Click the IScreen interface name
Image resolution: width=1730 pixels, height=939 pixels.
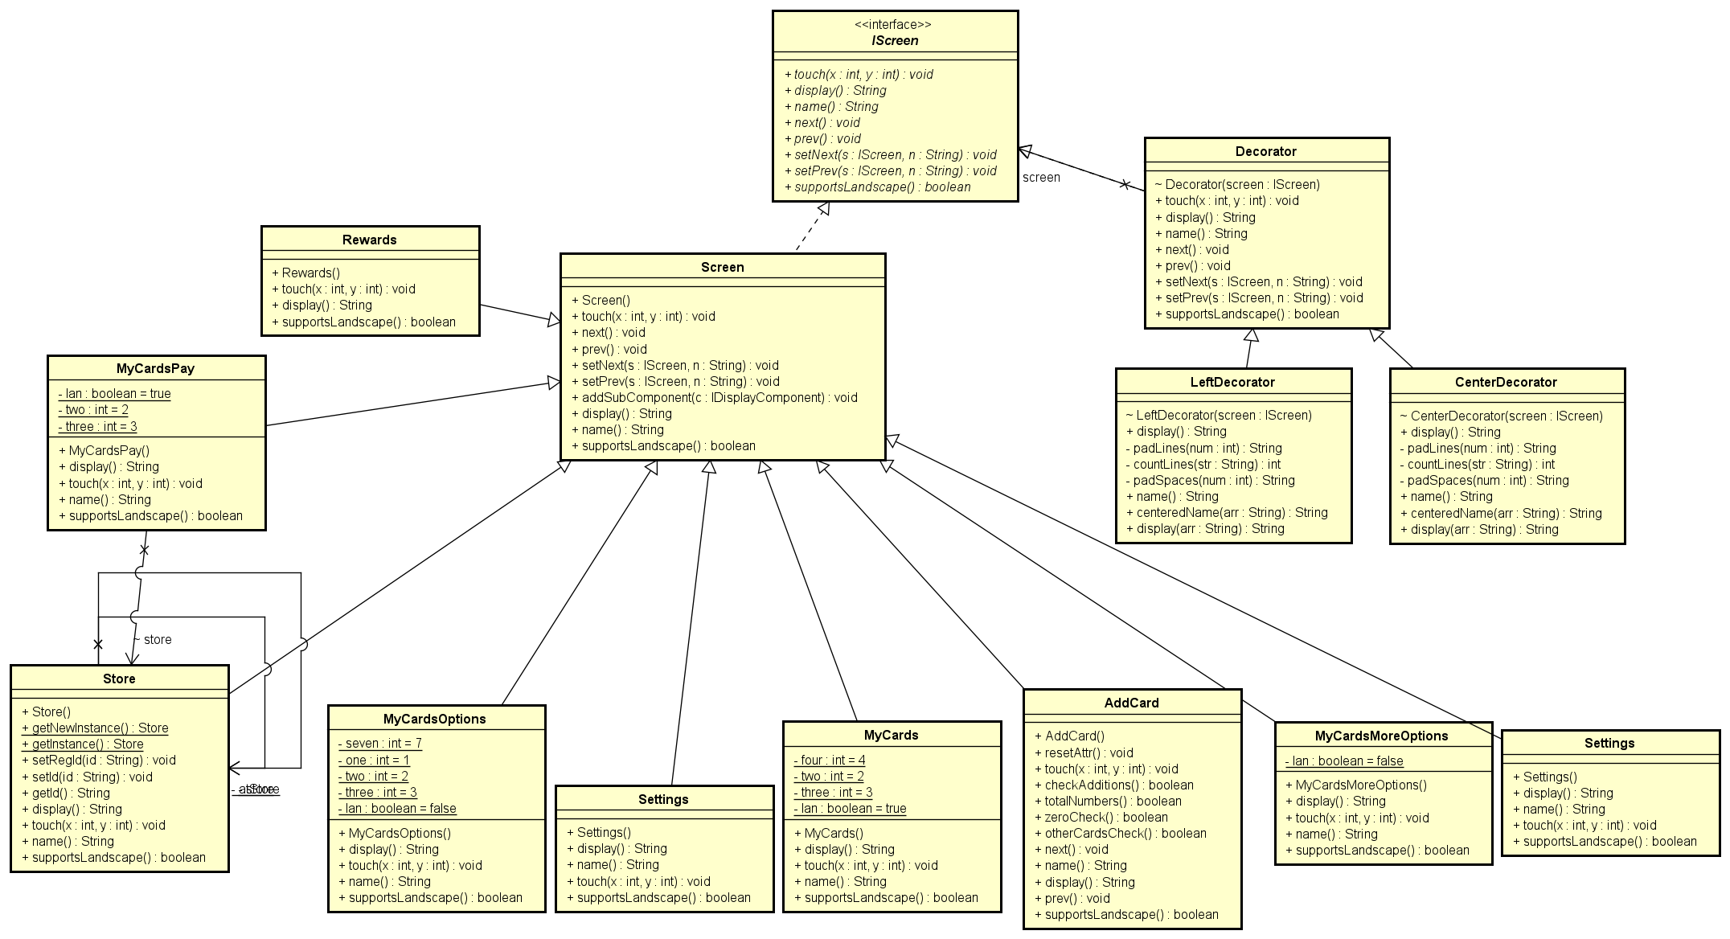tap(895, 41)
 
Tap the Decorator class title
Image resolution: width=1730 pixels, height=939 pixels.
tap(1265, 152)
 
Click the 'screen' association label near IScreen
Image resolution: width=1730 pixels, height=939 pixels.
tap(1041, 178)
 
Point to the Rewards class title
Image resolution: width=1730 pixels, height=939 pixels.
tap(369, 240)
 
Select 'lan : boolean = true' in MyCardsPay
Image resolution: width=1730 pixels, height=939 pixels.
tap(115, 394)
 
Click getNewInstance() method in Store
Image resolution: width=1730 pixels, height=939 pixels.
tap(96, 728)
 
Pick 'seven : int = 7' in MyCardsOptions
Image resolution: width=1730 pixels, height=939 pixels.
tap(379, 744)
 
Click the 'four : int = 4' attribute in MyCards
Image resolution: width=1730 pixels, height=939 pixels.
tap(829, 761)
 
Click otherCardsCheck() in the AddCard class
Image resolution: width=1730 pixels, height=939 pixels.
tap(1121, 834)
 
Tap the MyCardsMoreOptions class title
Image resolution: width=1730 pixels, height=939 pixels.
tap(1381, 736)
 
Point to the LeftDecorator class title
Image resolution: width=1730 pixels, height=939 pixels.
tap(1232, 383)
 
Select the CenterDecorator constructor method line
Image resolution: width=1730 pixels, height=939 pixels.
tap(1501, 416)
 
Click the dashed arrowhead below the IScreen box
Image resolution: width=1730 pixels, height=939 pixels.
tap(823, 210)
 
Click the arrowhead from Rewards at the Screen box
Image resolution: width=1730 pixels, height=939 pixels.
tap(554, 320)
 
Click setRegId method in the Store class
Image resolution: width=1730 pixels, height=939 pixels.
tap(99, 761)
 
